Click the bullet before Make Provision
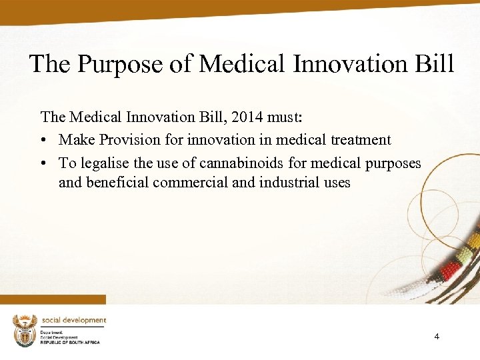pyautogui.click(x=44, y=141)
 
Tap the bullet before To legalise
pyautogui.click(x=44, y=163)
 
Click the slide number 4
pyautogui.click(x=437, y=337)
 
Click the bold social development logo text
pyautogui.click(x=74, y=320)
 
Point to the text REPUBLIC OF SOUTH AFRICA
pyautogui.click(x=70, y=342)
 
